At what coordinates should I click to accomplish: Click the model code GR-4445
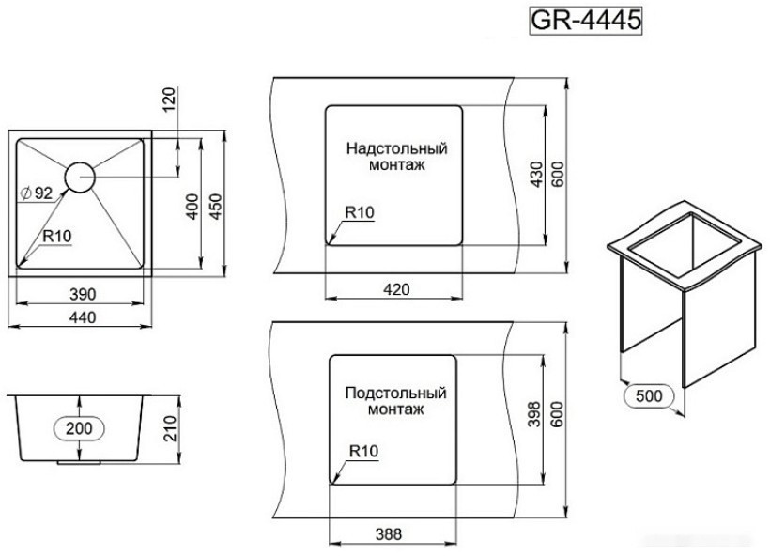(586, 22)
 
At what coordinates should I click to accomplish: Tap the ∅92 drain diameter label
(36, 193)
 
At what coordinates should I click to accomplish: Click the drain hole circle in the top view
(80, 176)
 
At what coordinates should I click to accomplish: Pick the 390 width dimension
(84, 294)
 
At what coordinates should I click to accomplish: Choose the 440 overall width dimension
(84, 318)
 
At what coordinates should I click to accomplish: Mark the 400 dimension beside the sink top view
(192, 207)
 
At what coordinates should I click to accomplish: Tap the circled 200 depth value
(80, 428)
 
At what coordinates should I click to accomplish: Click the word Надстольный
(396, 148)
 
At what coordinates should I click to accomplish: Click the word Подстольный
(395, 393)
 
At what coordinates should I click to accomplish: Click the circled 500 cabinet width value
(648, 395)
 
